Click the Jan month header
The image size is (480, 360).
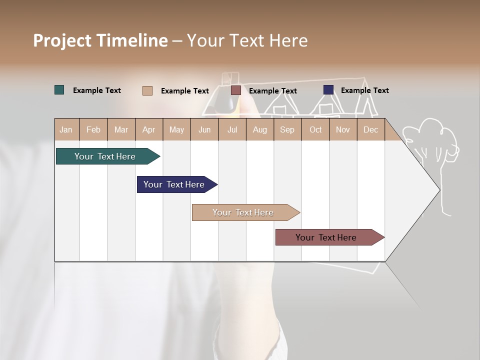point(66,129)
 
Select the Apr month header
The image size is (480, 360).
point(149,129)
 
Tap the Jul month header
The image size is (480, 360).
point(232,129)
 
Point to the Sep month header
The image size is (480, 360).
point(287,129)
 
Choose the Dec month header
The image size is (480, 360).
point(370,129)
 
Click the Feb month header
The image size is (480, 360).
point(93,129)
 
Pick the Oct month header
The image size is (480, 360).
point(315,129)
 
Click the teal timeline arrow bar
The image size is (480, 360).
point(105,156)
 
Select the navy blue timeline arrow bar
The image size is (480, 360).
point(174,184)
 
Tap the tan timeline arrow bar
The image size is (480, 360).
point(243,212)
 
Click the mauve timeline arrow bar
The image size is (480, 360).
point(326,237)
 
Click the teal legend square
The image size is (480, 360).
point(59,90)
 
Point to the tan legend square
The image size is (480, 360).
point(147,90)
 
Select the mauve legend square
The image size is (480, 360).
point(236,90)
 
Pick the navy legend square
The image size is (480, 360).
point(328,90)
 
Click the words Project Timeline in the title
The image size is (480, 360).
point(100,40)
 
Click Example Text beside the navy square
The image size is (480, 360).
point(364,90)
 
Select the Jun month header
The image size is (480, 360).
point(204,129)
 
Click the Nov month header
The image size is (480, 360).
point(343,129)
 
